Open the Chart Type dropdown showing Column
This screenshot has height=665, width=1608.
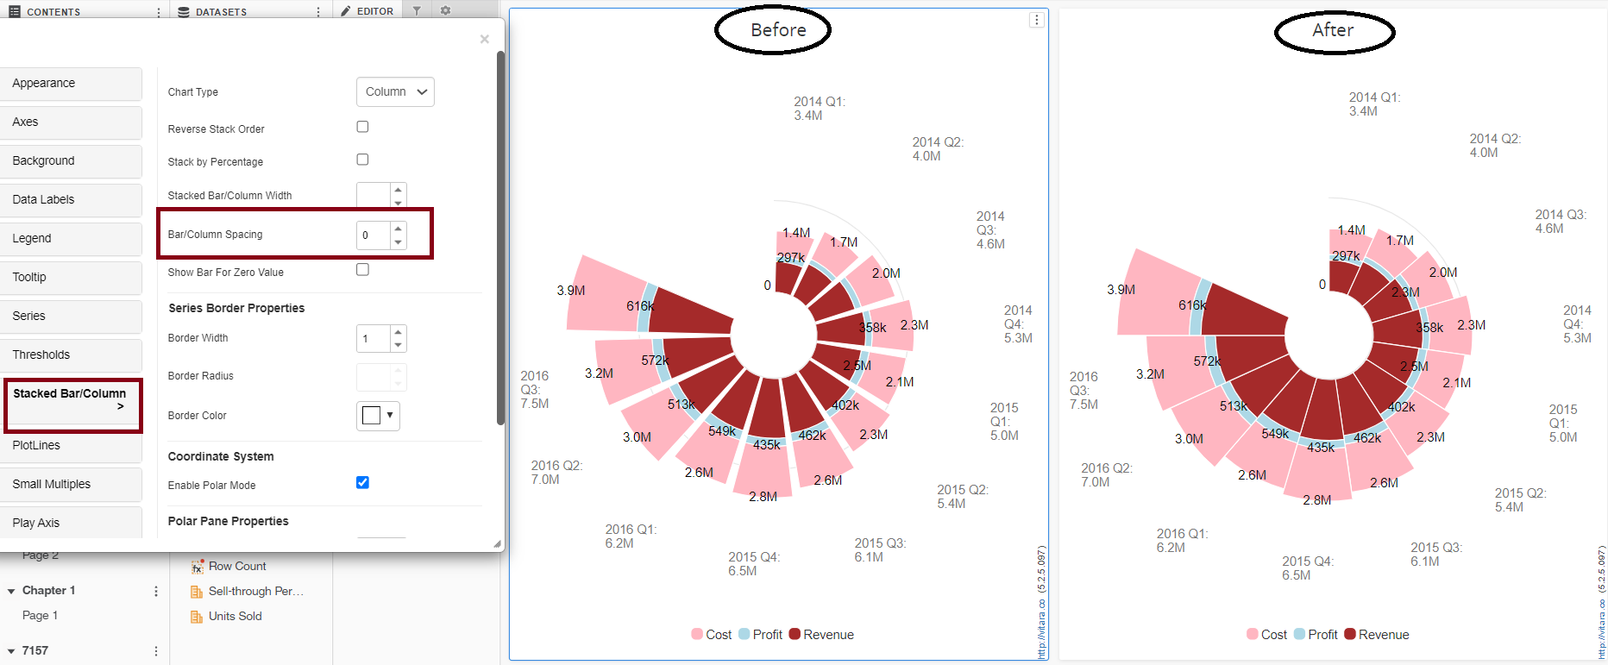pyautogui.click(x=395, y=92)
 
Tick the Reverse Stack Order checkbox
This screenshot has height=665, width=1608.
pyautogui.click(x=362, y=127)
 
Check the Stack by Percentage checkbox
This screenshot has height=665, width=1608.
pyautogui.click(x=362, y=160)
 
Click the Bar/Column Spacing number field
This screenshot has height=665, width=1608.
pyautogui.click(x=374, y=235)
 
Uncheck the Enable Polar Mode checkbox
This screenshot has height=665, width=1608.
pyautogui.click(x=362, y=482)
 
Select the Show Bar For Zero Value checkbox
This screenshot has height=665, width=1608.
pyautogui.click(x=362, y=270)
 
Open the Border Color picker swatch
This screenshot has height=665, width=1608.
pyautogui.click(x=378, y=416)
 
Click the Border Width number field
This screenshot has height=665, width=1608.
pyautogui.click(x=374, y=338)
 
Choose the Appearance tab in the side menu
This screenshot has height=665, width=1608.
pyautogui.click(x=71, y=84)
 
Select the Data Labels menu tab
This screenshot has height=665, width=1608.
pyautogui.click(x=71, y=200)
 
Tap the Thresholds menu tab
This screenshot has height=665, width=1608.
pyautogui.click(x=71, y=355)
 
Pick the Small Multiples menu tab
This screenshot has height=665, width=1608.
pyautogui.click(x=71, y=485)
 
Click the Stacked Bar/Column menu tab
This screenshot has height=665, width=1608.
pyautogui.click(x=71, y=400)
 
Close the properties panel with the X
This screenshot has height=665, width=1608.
pyautogui.click(x=485, y=39)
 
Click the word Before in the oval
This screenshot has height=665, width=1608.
pyautogui.click(x=778, y=30)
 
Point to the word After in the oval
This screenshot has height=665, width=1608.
pyautogui.click(x=1333, y=30)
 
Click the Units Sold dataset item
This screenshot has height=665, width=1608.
pyautogui.click(x=235, y=617)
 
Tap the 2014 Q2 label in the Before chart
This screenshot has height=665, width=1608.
pyautogui.click(x=937, y=148)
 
